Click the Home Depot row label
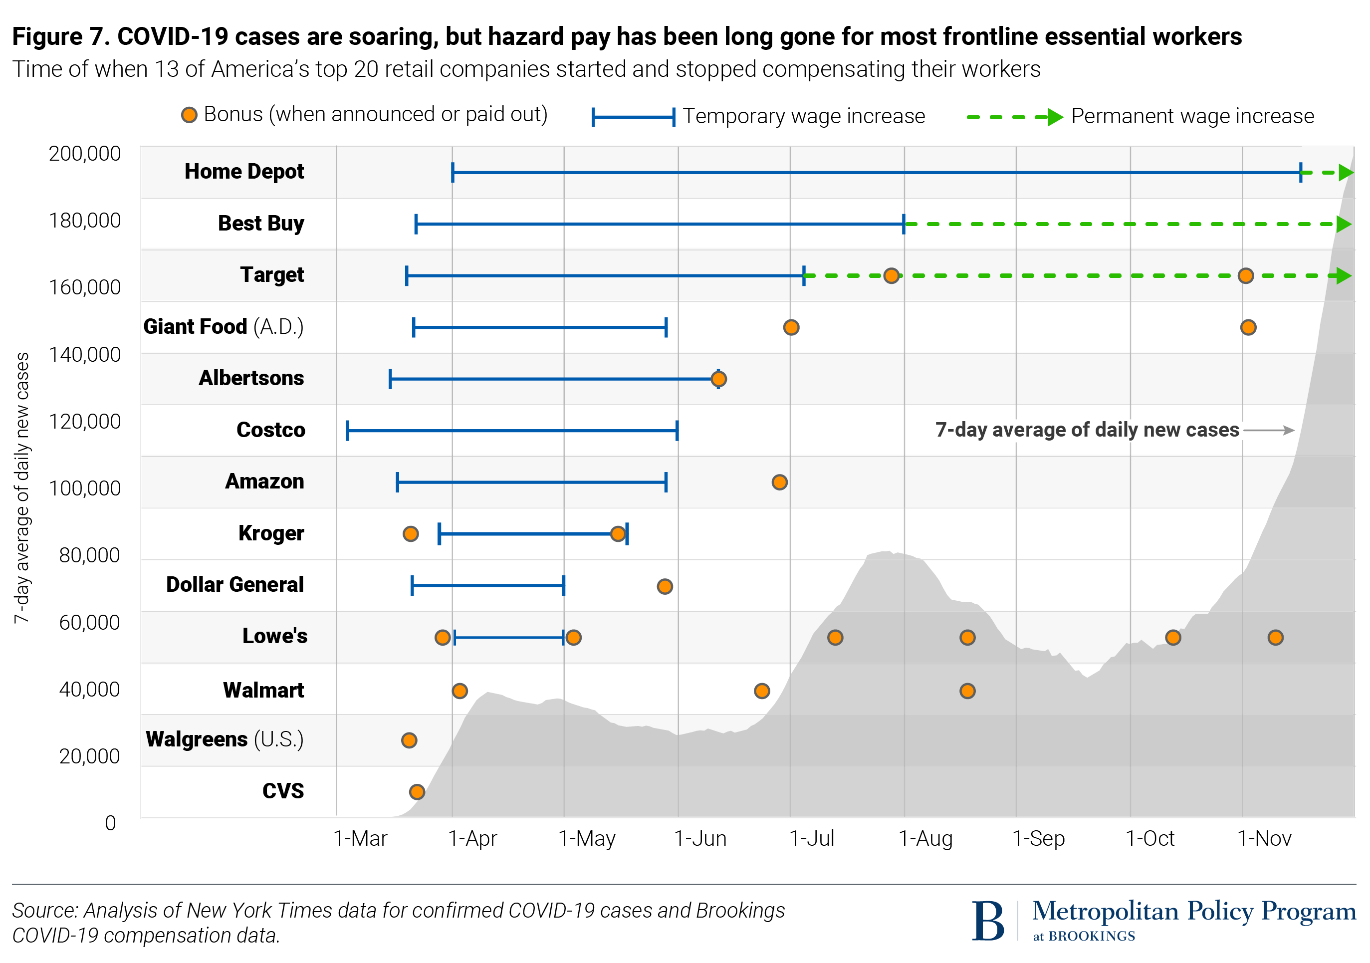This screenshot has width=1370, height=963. tap(243, 172)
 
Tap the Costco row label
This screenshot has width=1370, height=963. tap(270, 430)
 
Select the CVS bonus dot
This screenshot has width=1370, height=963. tap(417, 792)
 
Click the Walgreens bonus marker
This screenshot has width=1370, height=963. tap(409, 740)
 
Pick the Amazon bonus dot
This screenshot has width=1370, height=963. tap(779, 482)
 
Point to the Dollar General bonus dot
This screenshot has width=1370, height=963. tap(665, 586)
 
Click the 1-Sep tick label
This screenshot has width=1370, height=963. tap(1038, 838)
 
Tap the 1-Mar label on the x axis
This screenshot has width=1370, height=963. tap(360, 838)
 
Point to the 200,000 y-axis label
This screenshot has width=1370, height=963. tap(85, 154)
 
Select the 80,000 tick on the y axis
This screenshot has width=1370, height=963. tap(89, 555)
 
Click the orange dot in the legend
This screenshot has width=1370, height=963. tap(189, 115)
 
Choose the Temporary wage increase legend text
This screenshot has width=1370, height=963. tap(803, 116)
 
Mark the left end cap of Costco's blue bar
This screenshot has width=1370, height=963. tap(347, 430)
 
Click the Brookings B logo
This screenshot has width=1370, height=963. tap(988, 921)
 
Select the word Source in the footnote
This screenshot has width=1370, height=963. tap(45, 911)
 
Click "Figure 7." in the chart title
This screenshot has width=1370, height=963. tap(60, 36)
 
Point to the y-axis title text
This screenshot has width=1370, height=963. tap(21, 487)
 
